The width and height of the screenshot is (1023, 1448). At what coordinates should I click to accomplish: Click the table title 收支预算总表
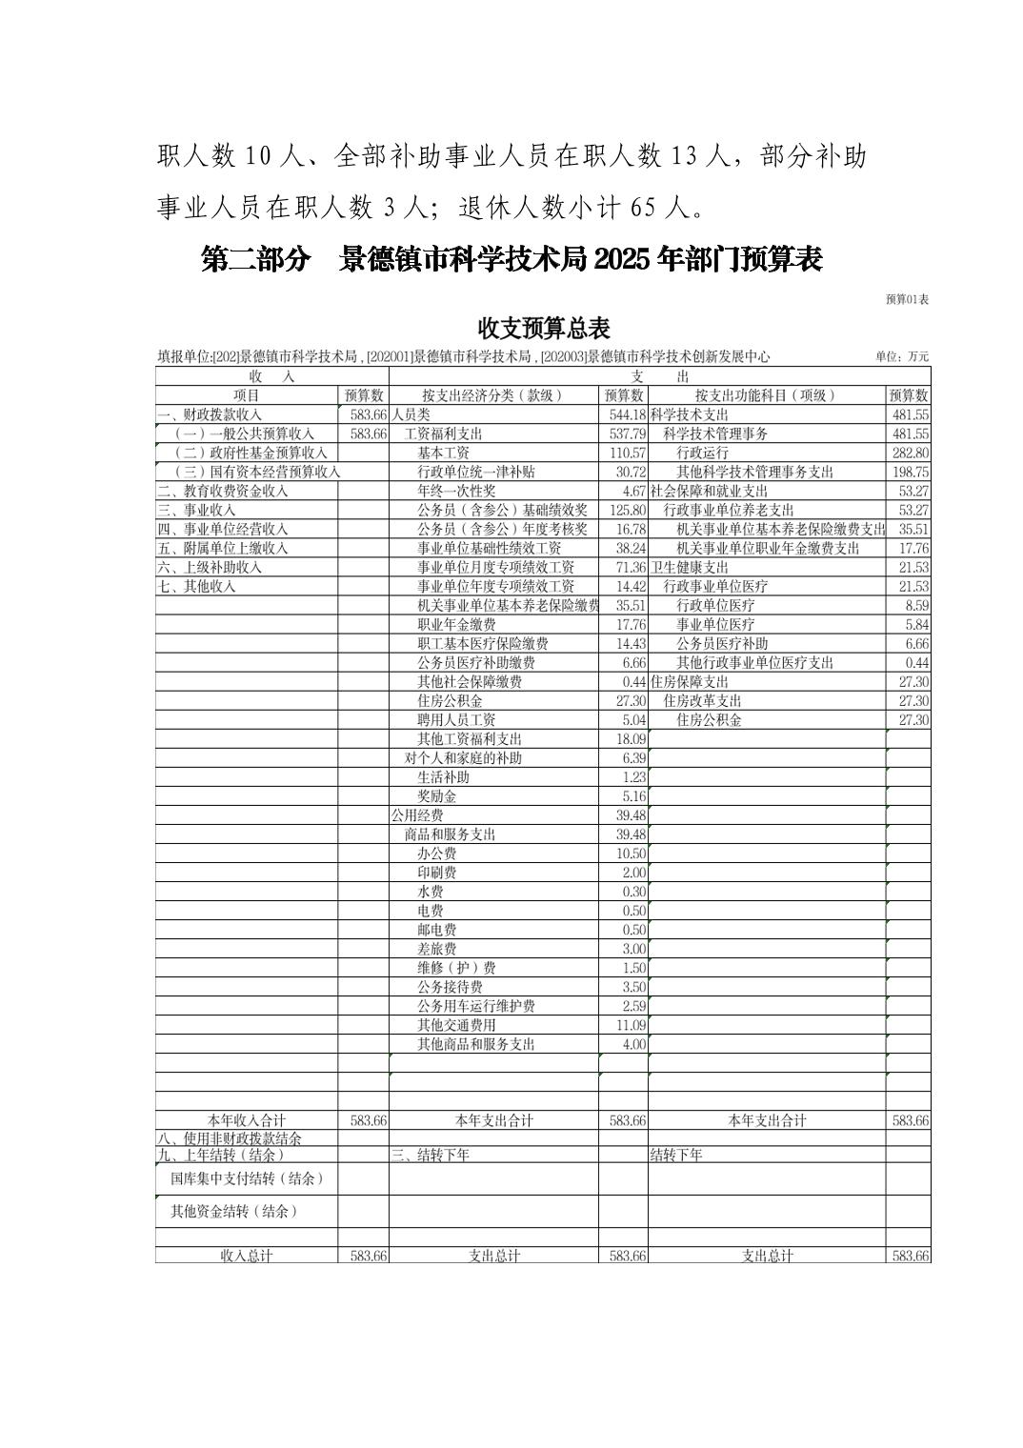[543, 329]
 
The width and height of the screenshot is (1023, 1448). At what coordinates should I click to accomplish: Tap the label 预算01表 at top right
[907, 299]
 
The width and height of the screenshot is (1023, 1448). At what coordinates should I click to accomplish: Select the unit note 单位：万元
[901, 357]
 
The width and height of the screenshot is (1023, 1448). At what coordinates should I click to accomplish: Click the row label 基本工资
[443, 453]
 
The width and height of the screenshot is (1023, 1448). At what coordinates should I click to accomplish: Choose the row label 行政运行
[702, 453]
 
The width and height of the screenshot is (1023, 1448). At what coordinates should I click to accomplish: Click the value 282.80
[910, 453]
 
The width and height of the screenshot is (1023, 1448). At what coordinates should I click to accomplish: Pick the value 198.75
[910, 473]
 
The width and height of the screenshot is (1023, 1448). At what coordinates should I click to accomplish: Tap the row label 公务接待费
[450, 987]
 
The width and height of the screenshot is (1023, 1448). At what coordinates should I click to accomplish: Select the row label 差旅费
[436, 949]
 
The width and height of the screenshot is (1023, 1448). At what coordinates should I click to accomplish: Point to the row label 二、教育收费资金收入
[223, 492]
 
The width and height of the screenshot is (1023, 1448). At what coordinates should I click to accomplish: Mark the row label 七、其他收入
[196, 587]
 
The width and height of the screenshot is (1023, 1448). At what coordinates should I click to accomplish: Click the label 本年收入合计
[246, 1121]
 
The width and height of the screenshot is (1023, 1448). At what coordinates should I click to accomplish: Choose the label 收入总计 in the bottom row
[246, 1257]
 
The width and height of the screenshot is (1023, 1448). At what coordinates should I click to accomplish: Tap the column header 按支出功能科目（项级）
[766, 395]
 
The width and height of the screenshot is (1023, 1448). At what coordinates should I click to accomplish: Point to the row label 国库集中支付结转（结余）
[247, 1179]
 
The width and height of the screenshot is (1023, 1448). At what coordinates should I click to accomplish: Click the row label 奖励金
[436, 796]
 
